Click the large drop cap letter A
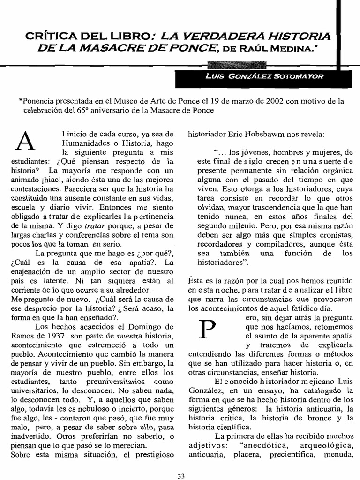(26, 141)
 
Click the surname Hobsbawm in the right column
(267, 134)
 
